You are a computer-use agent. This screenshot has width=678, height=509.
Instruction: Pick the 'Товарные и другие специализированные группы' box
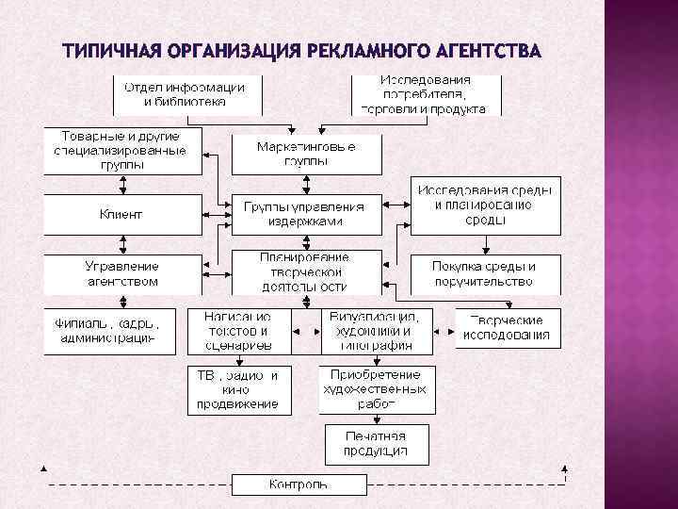coord(122,151)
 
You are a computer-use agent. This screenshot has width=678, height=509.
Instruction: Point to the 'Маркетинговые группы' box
coord(307,154)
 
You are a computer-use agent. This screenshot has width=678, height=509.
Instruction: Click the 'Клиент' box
coord(122,214)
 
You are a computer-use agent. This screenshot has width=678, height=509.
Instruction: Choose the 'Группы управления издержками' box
coord(307,214)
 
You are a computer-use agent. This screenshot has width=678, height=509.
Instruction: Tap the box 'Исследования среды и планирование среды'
coord(485,205)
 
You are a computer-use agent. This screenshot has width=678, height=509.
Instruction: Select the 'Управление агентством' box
coord(122,273)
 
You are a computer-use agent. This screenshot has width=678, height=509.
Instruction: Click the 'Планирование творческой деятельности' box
coord(307,271)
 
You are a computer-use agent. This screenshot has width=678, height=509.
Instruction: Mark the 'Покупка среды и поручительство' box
coord(485,273)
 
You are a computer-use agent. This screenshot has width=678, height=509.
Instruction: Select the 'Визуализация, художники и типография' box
coord(377,331)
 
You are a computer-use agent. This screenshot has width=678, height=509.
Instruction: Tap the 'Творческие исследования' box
coord(507,328)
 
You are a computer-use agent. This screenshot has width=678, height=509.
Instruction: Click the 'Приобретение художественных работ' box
coord(377,389)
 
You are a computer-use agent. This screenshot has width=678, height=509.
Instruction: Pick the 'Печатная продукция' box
coord(377,443)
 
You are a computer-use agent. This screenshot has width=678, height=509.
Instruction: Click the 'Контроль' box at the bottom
coord(299,484)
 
